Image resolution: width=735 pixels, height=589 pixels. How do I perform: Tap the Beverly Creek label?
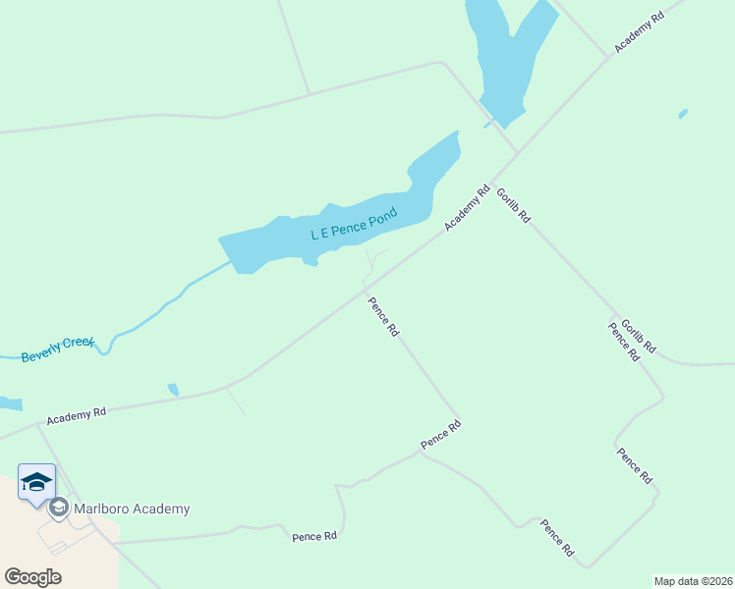(57, 349)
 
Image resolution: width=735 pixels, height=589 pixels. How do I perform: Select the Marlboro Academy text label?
(132, 509)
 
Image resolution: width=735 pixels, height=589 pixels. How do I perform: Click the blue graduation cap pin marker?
(36, 482)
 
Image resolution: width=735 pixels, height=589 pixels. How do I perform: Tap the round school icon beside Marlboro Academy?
(58, 509)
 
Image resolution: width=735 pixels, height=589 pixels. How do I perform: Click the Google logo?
(32, 576)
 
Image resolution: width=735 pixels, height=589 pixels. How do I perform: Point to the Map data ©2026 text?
(692, 581)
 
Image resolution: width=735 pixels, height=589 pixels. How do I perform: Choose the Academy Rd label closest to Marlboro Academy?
(76, 414)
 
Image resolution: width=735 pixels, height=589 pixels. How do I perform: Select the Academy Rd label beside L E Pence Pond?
(466, 209)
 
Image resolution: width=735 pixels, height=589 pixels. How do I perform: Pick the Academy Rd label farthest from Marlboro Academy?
(639, 32)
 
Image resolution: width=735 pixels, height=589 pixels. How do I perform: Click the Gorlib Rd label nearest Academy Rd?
(513, 205)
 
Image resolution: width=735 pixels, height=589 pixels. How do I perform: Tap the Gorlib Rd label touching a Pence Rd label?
(639, 337)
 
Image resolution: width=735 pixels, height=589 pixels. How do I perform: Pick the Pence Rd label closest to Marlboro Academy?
(314, 536)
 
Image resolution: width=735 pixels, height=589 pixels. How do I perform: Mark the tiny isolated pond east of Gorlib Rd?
(683, 114)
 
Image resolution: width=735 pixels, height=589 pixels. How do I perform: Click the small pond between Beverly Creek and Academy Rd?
(174, 390)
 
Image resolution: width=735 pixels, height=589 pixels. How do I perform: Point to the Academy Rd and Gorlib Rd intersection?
(516, 154)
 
